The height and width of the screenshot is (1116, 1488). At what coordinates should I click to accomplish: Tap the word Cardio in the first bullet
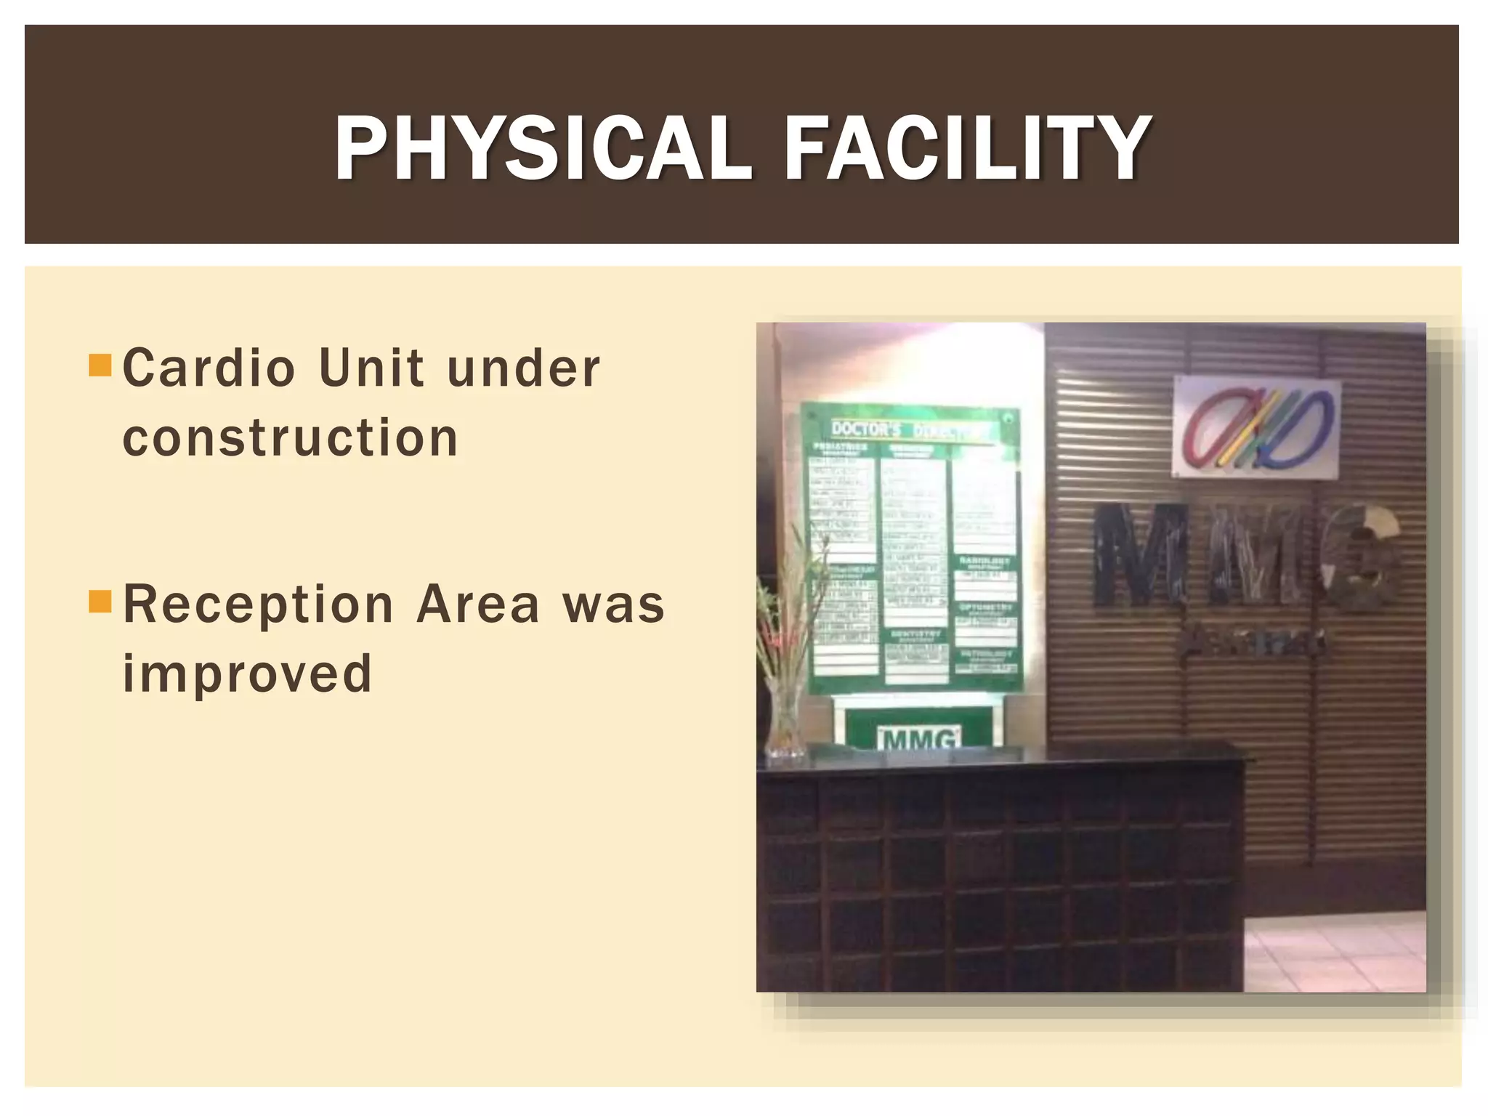[209, 368]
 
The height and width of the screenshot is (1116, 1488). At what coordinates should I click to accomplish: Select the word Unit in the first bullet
[371, 368]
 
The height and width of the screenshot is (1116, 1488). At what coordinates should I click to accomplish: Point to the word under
[524, 368]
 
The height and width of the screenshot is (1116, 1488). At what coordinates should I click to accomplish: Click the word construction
[291, 438]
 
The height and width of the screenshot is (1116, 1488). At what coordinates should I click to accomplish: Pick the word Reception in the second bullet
[259, 605]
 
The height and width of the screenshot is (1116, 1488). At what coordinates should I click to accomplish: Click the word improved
[247, 674]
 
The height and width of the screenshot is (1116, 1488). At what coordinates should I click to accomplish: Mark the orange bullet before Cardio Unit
[98, 365]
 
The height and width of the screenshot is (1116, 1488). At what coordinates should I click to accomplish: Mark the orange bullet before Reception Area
[98, 602]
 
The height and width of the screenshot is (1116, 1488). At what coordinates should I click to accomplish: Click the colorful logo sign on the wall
[1256, 429]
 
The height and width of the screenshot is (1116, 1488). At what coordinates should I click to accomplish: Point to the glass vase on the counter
[784, 719]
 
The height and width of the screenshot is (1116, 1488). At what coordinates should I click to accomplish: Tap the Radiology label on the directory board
[984, 562]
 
